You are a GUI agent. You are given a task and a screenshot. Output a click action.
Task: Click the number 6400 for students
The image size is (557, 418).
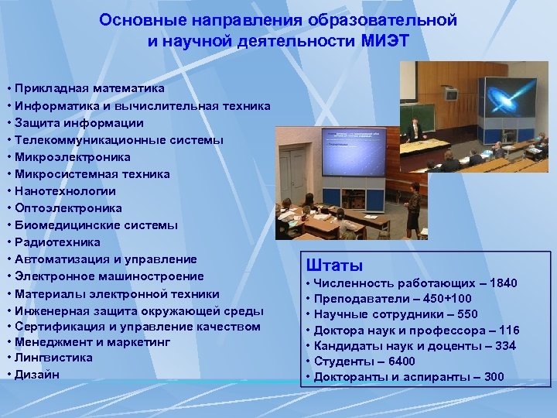(399, 361)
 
